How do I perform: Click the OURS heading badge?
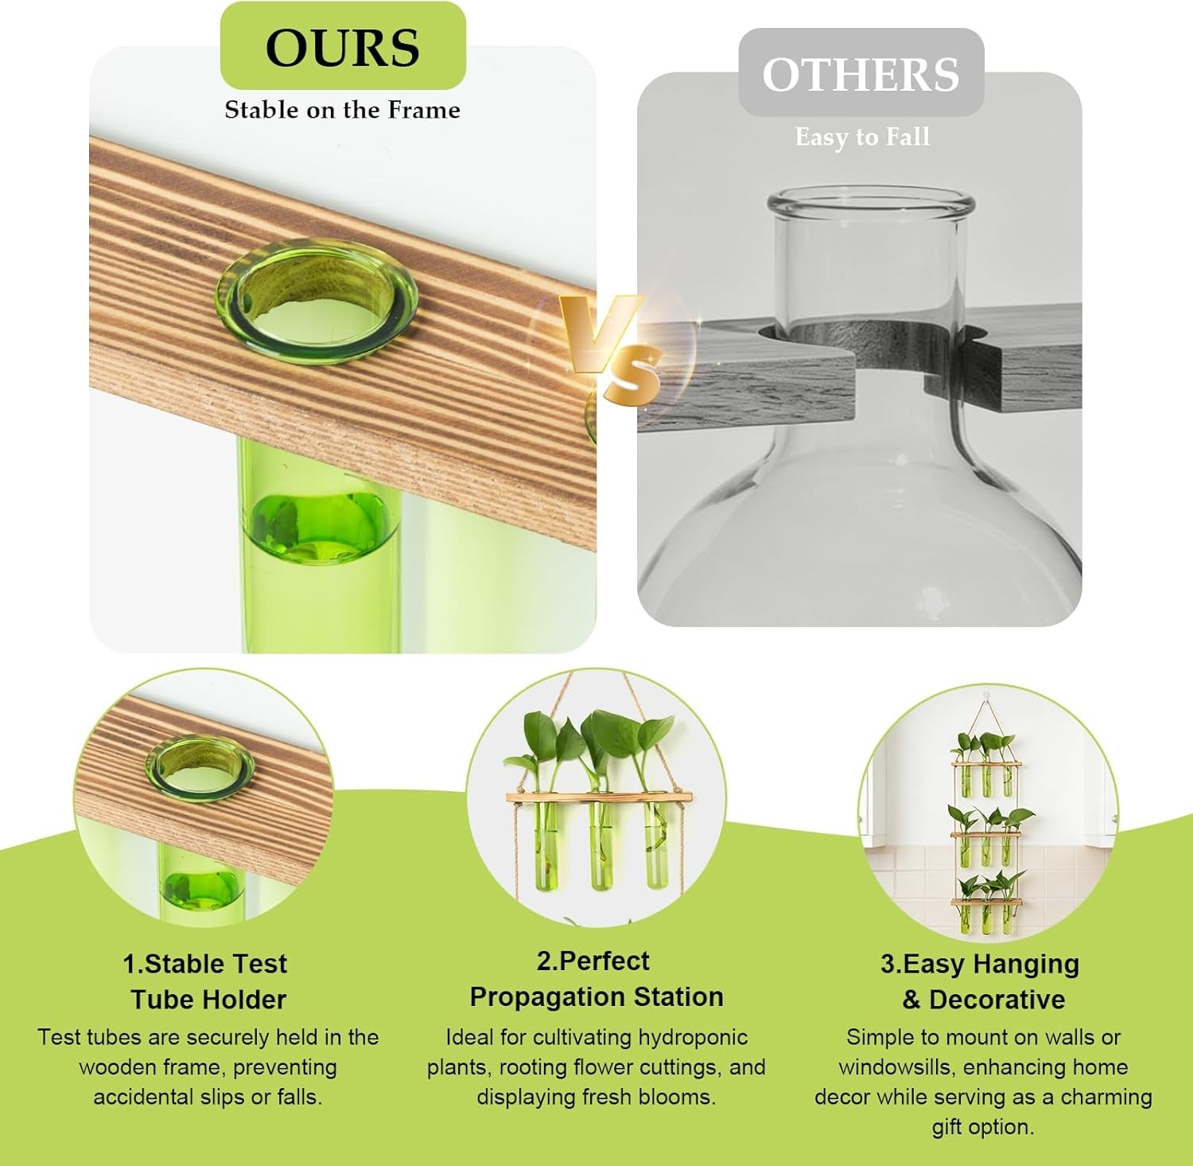click(x=343, y=46)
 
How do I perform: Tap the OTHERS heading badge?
click(x=861, y=73)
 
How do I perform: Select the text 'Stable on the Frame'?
click(x=343, y=110)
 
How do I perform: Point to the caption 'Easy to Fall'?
click(x=862, y=137)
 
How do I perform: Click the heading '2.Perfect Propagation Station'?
click(x=596, y=979)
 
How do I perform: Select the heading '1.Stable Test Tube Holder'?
click(x=206, y=981)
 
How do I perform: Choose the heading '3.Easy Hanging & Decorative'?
click(x=981, y=981)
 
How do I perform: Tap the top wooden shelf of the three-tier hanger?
click(x=986, y=765)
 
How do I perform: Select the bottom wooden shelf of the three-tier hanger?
click(x=986, y=903)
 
